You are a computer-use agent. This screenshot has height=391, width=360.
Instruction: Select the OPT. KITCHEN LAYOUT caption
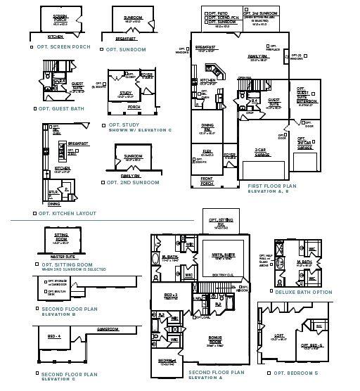point(67,213)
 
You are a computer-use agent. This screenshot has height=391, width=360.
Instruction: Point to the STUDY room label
point(125,93)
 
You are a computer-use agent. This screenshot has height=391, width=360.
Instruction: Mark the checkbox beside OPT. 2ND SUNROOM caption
point(105,182)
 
